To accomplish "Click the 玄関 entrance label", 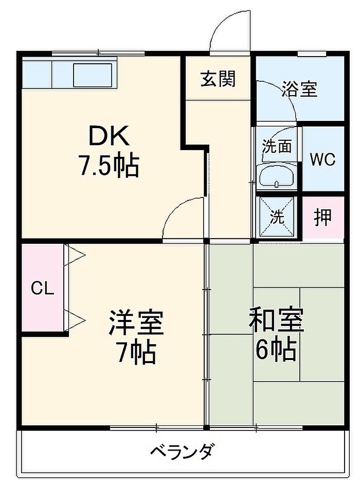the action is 218,79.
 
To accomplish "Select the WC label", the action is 322,159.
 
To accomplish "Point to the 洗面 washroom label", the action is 277,146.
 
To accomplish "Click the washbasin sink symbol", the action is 277,177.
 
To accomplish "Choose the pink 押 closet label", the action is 322,217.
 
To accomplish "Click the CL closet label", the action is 42,289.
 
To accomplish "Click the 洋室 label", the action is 136,322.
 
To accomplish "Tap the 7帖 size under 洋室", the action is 136,352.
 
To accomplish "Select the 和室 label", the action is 277,319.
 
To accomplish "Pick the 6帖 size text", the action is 276,350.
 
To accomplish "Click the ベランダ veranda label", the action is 182,451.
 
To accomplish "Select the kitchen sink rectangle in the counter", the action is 93,75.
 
